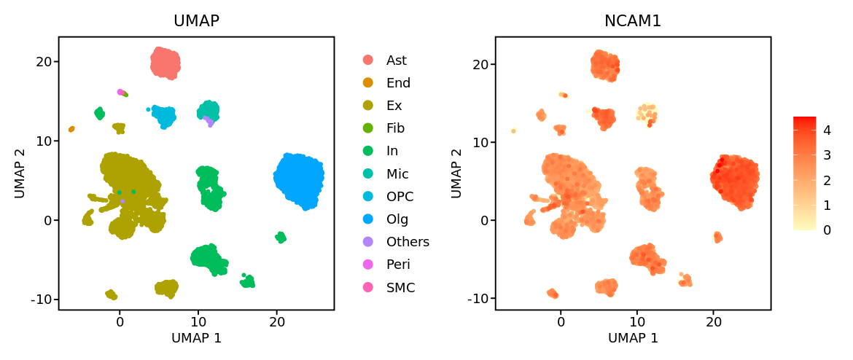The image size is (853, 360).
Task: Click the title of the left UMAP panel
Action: click(196, 21)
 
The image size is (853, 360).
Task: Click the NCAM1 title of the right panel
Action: click(633, 21)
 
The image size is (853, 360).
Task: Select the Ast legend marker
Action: click(368, 60)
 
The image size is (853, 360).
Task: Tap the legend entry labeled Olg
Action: click(397, 219)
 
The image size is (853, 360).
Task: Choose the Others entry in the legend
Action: click(408, 242)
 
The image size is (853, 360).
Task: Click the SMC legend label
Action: click(400, 288)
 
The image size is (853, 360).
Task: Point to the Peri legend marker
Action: click(368, 265)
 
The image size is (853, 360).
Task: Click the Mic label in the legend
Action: click(397, 174)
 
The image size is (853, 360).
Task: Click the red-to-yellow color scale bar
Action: click(804, 173)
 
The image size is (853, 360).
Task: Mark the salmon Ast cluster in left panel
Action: click(165, 63)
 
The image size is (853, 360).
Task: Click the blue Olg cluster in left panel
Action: click(299, 181)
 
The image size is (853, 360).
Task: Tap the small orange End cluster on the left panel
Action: click(71, 129)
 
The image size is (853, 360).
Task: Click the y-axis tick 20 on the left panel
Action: click(44, 61)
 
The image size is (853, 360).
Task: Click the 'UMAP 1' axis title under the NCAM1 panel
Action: click(633, 338)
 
